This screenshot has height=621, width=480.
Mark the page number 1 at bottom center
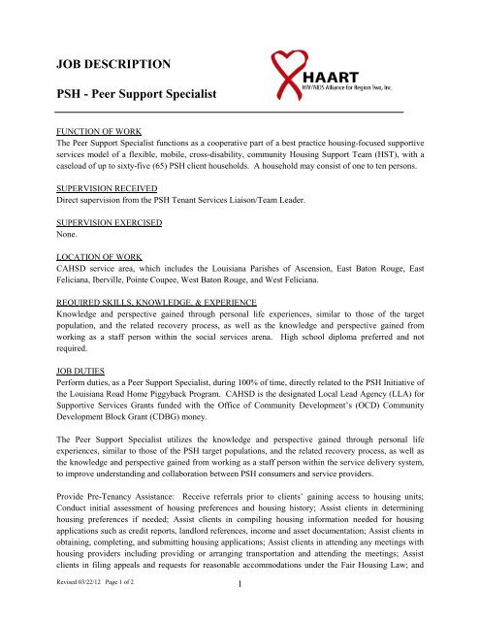239,609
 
